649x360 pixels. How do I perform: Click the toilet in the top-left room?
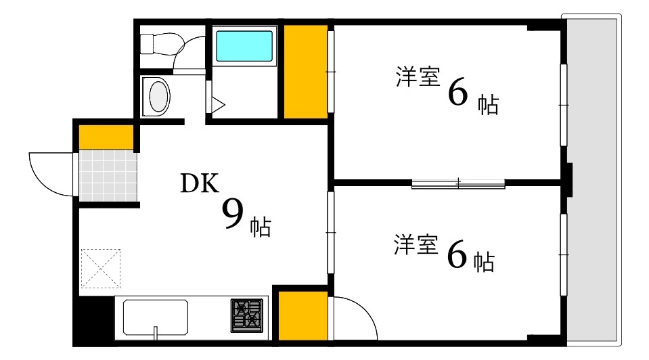[x=162, y=44]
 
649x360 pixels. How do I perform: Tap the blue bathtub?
[x=244, y=47]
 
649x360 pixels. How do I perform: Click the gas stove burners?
[x=248, y=315]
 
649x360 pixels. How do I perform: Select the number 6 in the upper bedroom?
[x=457, y=94]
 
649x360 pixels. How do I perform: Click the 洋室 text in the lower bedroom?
[x=416, y=246]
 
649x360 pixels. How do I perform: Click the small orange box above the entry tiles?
[x=106, y=137]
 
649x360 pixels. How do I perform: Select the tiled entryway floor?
[x=108, y=175]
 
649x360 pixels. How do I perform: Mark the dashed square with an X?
[x=100, y=268]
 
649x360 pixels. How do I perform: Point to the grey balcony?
[x=593, y=179]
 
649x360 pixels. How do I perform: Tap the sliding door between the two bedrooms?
[x=458, y=183]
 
